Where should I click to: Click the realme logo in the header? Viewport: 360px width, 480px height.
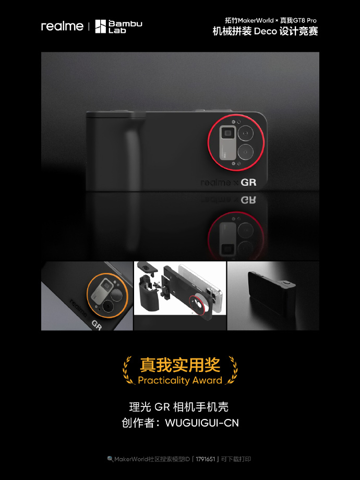[62, 26]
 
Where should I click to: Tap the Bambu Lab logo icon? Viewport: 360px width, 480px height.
[100, 27]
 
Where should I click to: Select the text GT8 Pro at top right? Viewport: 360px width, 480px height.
[305, 20]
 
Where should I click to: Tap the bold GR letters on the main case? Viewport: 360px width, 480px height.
[248, 183]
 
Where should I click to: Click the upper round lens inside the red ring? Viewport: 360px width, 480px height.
[246, 134]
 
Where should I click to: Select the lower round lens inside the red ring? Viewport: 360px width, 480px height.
[246, 152]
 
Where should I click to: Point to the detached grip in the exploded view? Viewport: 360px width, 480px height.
[149, 292]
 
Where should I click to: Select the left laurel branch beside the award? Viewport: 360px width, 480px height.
[128, 370]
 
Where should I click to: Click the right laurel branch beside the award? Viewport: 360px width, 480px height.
[232, 370]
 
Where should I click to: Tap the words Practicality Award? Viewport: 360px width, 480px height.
[180, 380]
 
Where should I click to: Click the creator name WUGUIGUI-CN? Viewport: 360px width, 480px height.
[202, 423]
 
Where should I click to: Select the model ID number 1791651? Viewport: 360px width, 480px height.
[206, 459]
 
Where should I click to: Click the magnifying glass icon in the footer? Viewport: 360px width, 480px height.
[110, 459]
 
